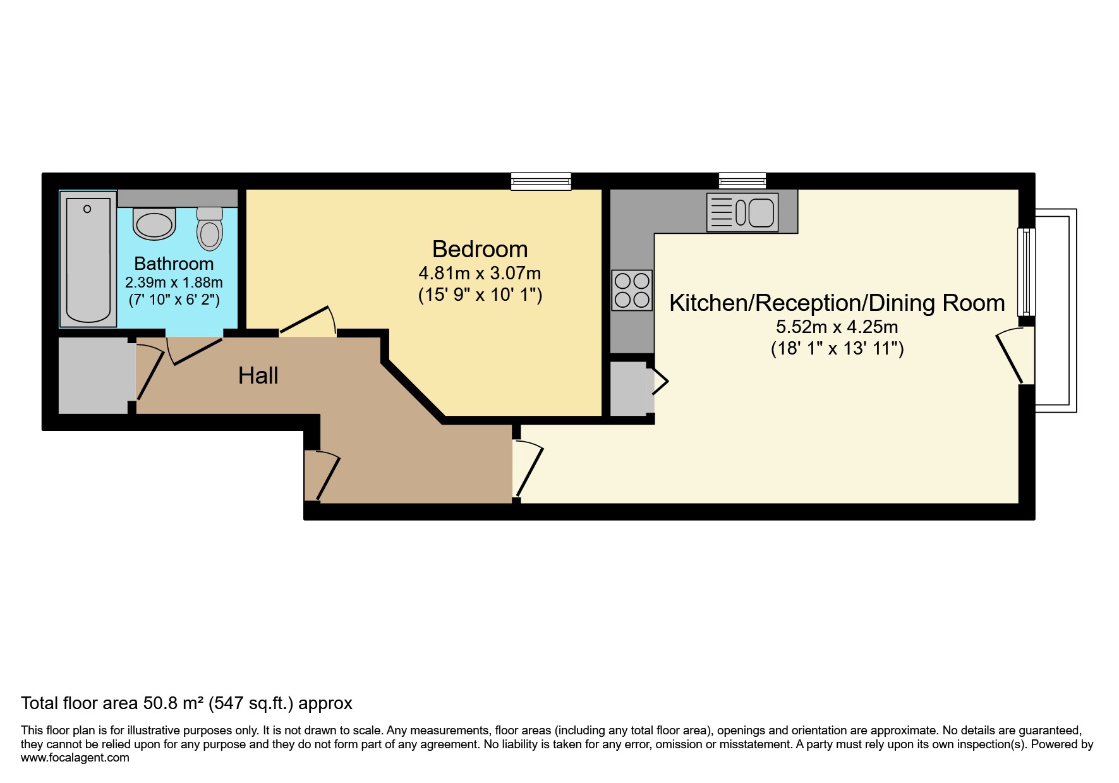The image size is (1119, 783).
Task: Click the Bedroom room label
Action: point(480,250)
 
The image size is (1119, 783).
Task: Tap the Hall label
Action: point(258,376)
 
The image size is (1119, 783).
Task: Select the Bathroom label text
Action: point(174,264)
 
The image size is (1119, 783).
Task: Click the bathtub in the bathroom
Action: point(88,259)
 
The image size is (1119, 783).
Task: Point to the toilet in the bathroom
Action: point(210,229)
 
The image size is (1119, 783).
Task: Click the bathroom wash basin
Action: point(154,224)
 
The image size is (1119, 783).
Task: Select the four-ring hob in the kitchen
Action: point(632,290)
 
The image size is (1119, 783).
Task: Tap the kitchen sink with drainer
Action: point(742,212)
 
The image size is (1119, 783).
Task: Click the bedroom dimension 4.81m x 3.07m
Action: point(480,274)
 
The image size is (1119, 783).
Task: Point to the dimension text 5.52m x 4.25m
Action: point(837,327)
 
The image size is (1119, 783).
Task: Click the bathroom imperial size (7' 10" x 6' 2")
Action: point(174,300)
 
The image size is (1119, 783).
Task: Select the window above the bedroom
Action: point(541,181)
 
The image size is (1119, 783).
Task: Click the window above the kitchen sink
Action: point(742,181)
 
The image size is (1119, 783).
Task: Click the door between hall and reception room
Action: point(527,470)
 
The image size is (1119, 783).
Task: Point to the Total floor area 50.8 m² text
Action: point(186,703)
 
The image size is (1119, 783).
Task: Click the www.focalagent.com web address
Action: point(75,758)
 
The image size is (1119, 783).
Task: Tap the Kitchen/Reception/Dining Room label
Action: point(837,303)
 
